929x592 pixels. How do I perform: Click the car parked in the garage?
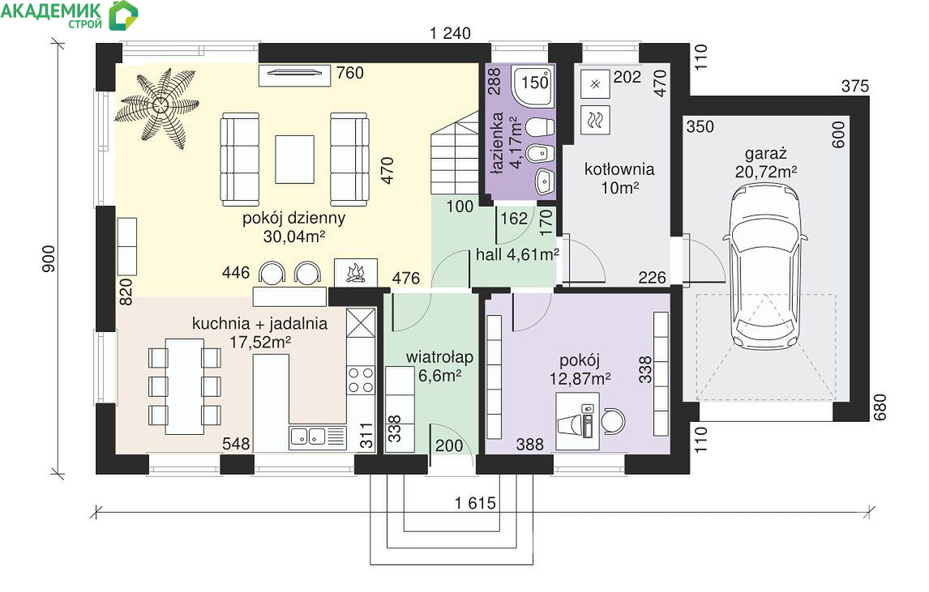765,267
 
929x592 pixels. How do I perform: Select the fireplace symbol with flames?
356,273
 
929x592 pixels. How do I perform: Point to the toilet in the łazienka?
540,127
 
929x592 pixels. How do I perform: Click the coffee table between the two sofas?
294,160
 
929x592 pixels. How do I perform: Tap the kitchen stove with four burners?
361,380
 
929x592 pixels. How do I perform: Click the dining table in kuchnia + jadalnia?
185,386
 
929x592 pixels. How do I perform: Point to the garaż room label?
765,154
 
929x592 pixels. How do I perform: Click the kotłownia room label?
619,169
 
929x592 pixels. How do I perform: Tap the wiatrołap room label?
439,357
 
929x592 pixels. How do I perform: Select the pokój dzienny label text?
293,218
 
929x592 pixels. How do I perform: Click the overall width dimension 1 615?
475,503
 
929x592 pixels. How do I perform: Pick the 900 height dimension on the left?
48,258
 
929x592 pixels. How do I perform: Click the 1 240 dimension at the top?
450,33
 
